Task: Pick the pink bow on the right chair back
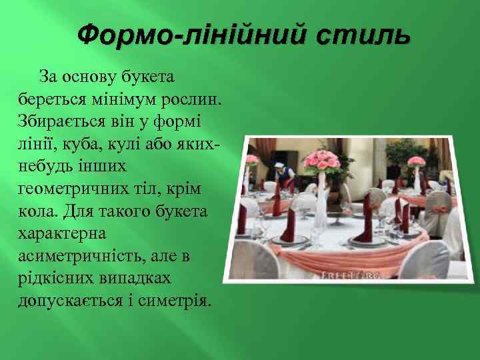[440, 209]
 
